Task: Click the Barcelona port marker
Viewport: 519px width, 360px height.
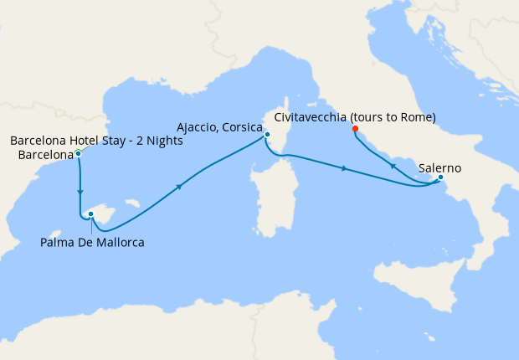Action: pos(78,152)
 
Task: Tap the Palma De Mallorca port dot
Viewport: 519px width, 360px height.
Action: pos(90,214)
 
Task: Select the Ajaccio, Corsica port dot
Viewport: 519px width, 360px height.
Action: pos(267,135)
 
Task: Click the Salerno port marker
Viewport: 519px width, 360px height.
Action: pos(440,177)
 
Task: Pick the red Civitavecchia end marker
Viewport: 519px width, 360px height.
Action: pos(355,129)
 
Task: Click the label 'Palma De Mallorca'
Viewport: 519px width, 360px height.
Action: pos(92,243)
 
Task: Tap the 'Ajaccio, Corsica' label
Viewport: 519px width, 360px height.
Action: pos(220,127)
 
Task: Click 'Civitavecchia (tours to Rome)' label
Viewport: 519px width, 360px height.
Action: pos(355,117)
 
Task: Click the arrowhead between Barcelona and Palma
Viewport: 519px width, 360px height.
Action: pos(80,193)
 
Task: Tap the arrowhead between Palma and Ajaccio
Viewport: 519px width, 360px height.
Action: pos(179,188)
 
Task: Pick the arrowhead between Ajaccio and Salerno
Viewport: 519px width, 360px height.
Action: pos(344,169)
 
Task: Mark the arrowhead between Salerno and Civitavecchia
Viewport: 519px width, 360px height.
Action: pos(392,167)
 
